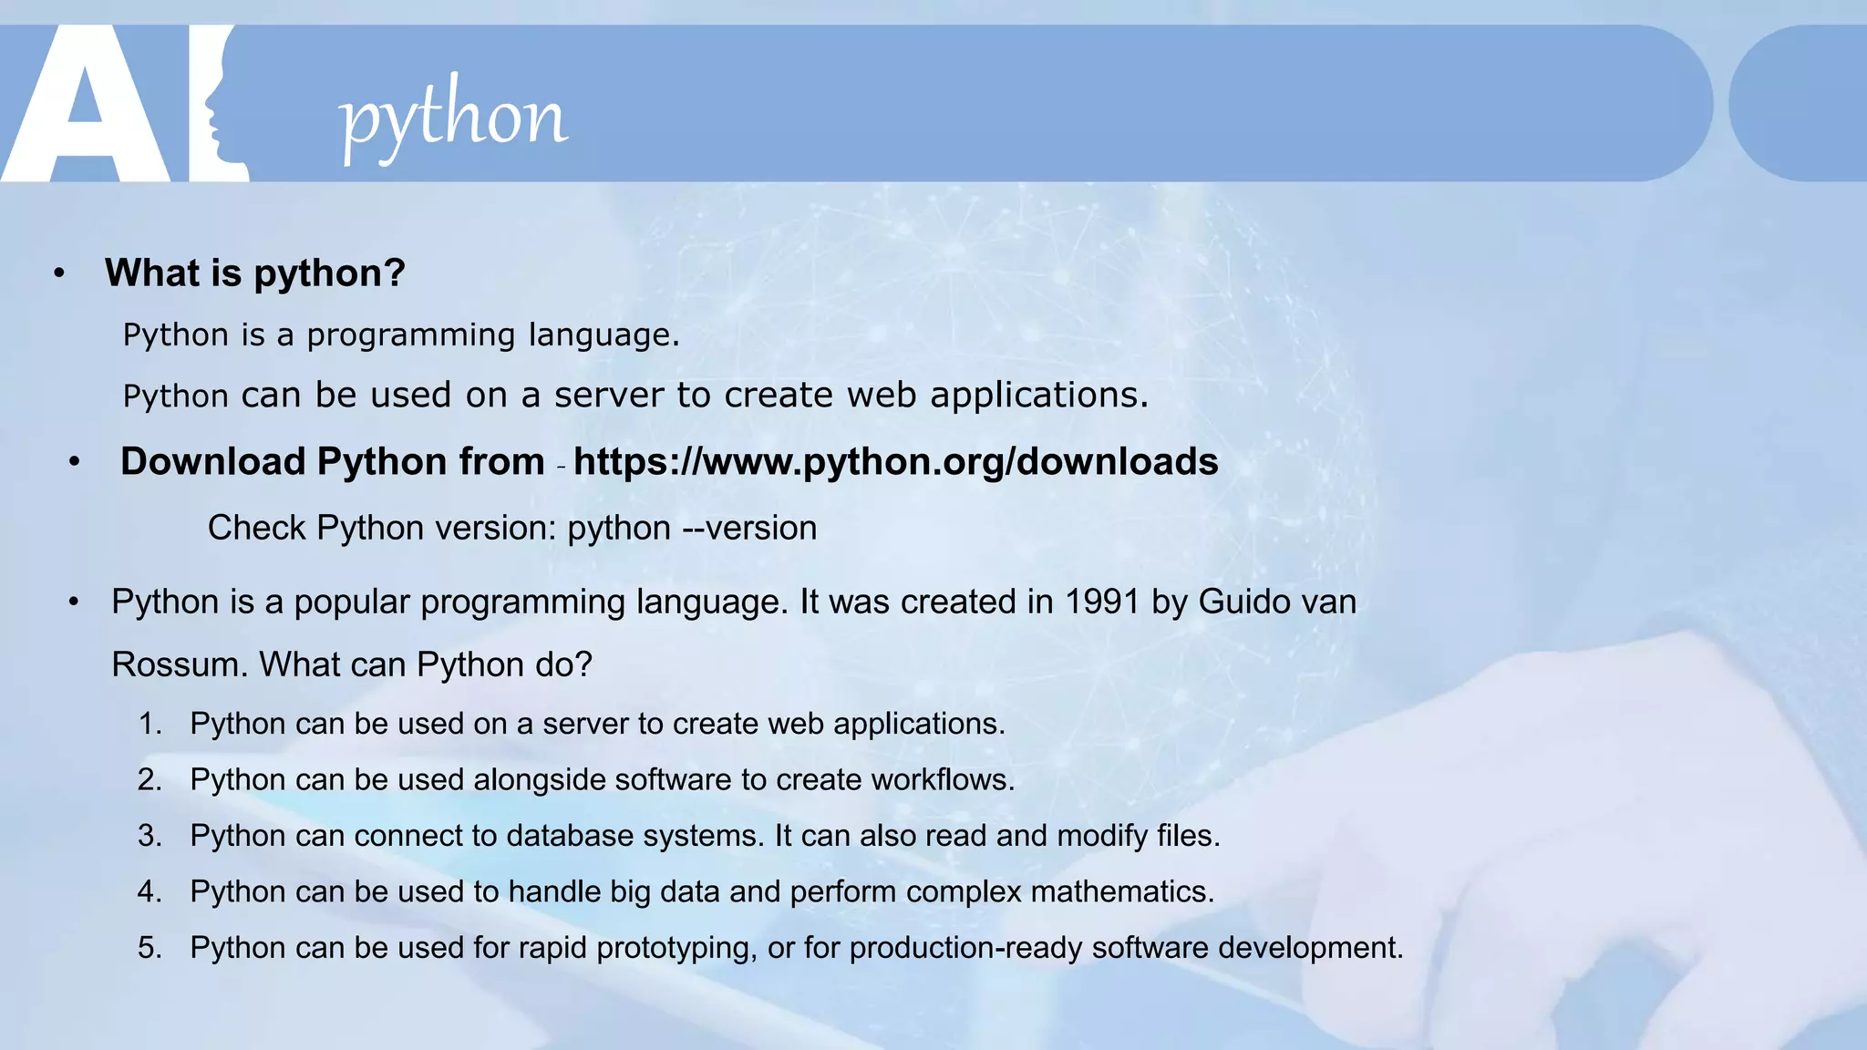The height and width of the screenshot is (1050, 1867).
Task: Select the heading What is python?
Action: click(254, 273)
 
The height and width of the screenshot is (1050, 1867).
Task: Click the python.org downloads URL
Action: click(895, 461)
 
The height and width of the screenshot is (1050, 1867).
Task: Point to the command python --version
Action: click(692, 528)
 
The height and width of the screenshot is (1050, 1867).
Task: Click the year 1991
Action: click(1102, 602)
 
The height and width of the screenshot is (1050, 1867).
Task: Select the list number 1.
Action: click(150, 724)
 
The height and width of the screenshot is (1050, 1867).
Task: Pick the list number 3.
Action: click(150, 836)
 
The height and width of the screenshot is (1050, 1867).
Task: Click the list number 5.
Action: click(150, 948)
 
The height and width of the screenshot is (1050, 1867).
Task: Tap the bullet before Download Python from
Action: click(75, 462)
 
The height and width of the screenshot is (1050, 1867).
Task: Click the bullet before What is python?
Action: click(59, 273)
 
